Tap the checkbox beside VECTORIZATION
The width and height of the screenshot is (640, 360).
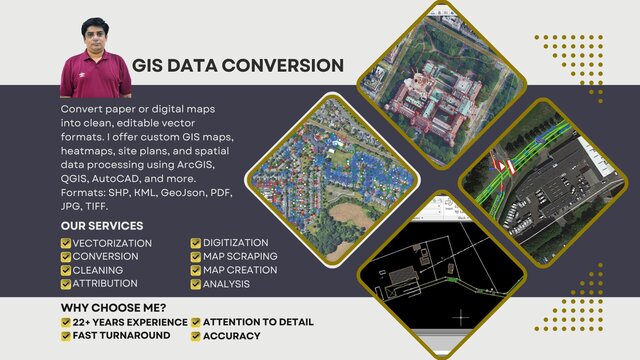click(66, 243)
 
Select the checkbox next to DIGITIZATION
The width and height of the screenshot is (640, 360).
click(196, 243)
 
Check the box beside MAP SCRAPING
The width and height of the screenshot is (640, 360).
click(196, 257)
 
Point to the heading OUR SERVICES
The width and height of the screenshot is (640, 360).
click(102, 226)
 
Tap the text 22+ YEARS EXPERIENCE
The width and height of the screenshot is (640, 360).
click(130, 322)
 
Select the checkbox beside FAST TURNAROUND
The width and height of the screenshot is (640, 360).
click(66, 336)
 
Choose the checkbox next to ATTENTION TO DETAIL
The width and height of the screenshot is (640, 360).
click(196, 322)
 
